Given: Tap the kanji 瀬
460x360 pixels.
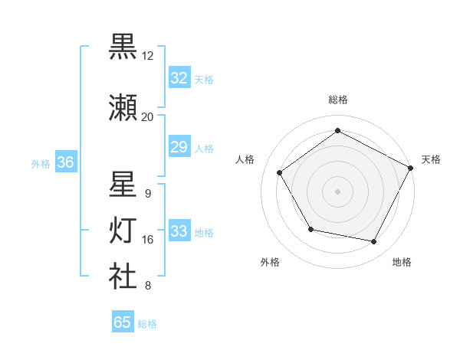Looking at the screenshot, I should click(123, 108).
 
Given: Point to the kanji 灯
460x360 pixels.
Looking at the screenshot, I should click(123, 231).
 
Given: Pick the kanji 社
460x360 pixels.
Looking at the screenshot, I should click(123, 277).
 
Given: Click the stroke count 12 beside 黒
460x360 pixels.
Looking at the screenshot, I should click(148, 56).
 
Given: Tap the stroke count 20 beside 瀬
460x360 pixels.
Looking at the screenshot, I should click(148, 117).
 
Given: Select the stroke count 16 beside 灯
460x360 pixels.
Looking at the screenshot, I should click(148, 240).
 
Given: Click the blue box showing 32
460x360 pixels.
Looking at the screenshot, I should click(179, 78).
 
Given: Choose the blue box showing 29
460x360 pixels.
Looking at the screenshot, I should click(179, 147).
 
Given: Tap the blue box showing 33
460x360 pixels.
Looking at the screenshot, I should click(179, 231).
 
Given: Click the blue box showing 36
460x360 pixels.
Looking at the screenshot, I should click(65, 162).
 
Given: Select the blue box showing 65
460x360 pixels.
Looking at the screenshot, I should click(123, 322).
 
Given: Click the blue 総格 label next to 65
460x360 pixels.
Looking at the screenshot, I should click(147, 324).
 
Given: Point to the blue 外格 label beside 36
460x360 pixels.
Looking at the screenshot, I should click(41, 163).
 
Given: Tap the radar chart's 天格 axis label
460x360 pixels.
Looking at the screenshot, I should click(432, 159).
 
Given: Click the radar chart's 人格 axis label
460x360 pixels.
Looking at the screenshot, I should click(245, 159).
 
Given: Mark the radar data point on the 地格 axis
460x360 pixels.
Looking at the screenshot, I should click(374, 242).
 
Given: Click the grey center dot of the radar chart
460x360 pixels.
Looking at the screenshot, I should click(337, 191).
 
